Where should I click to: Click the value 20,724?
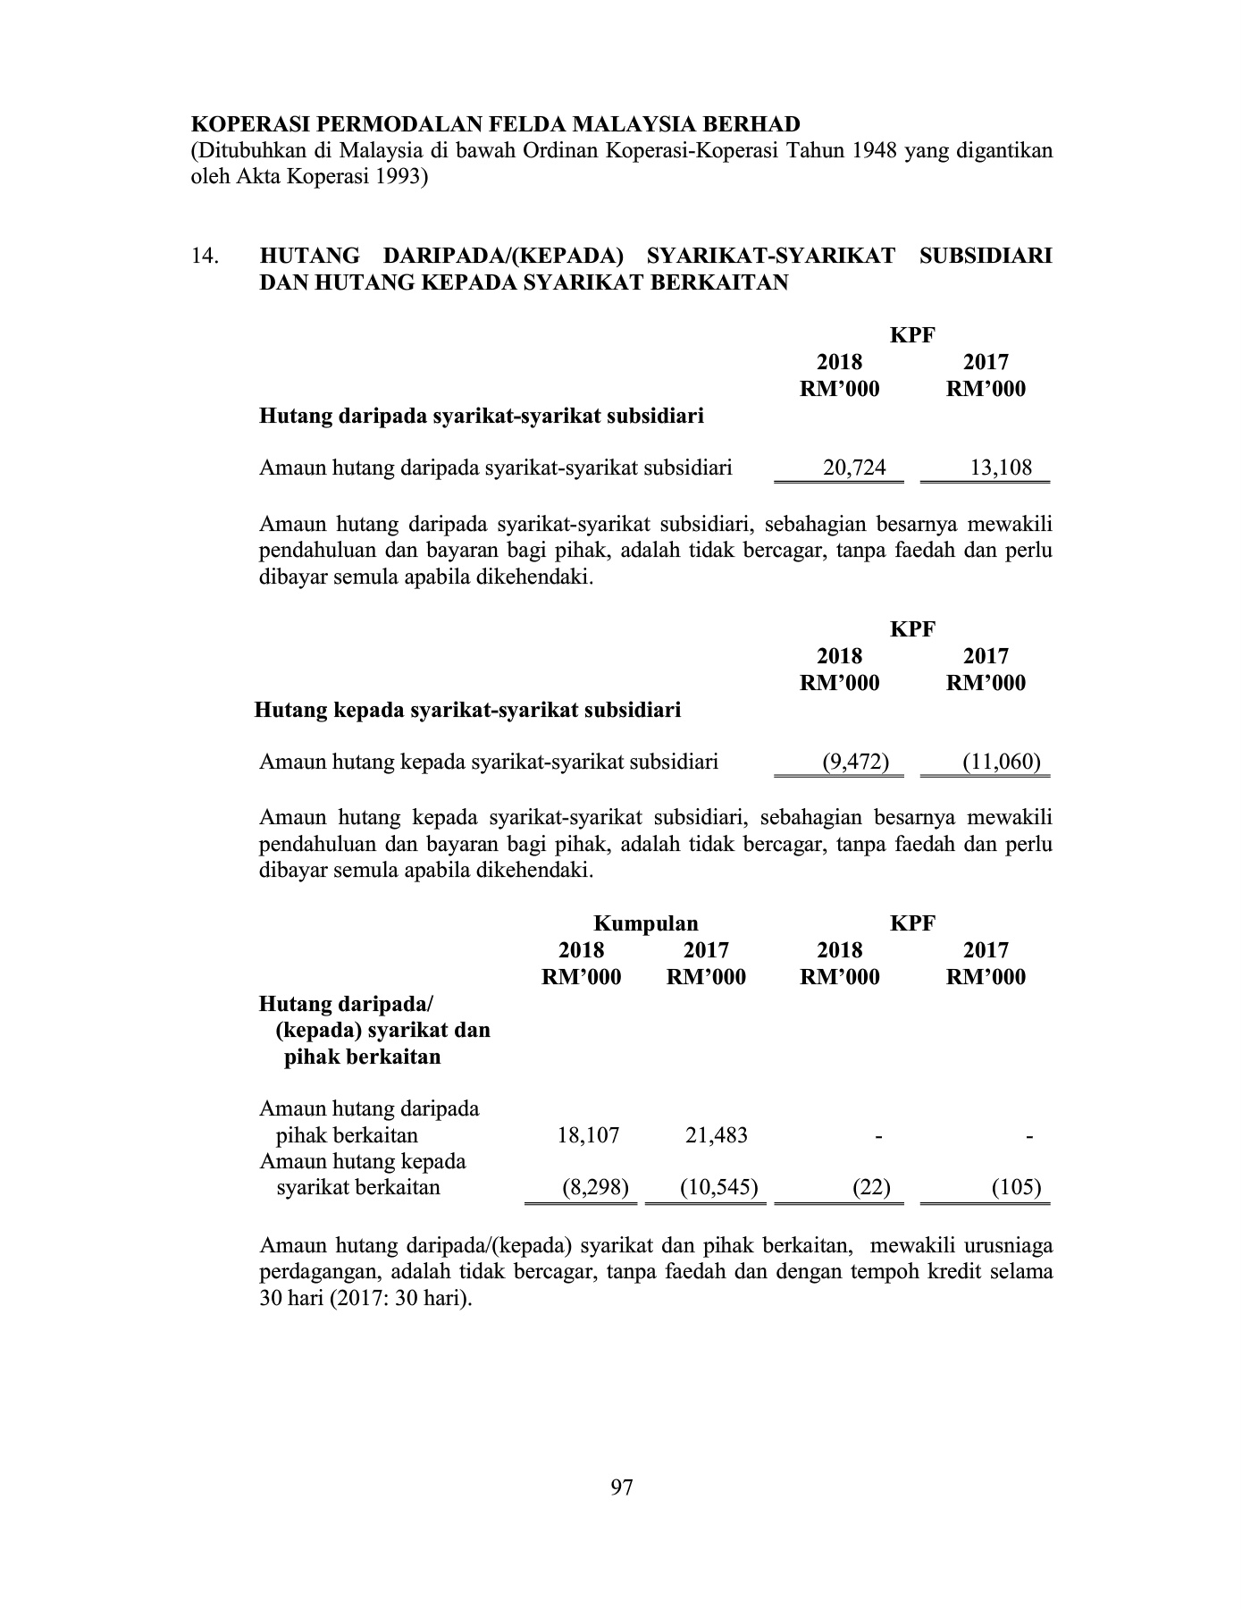853,468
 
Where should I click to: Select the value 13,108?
1001,468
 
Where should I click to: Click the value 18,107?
588,1136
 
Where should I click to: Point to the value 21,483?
716,1136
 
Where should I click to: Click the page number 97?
621,1487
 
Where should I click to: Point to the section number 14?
205,257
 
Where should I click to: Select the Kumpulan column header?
646,923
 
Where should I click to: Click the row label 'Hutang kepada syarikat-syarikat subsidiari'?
467,711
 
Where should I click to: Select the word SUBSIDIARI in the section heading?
985,257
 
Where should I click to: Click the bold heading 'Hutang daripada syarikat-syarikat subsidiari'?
481,417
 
